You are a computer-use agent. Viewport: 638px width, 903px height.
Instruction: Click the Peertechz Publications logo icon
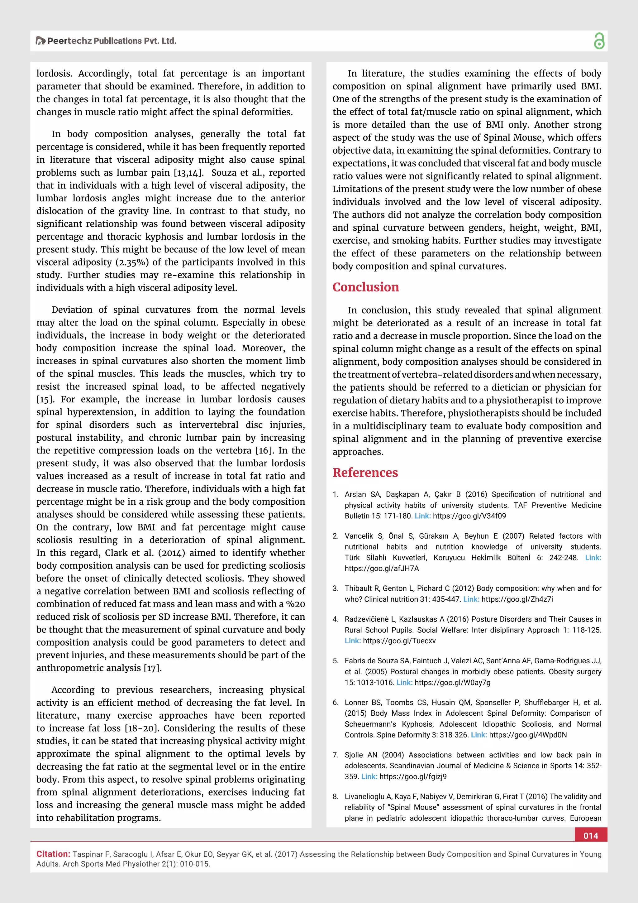point(40,41)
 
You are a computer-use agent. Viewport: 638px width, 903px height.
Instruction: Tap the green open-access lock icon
point(599,41)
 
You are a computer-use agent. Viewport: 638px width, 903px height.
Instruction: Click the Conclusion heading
point(366,287)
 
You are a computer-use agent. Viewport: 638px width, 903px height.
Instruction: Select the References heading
point(365,472)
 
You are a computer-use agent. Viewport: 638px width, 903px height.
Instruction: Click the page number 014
point(591,836)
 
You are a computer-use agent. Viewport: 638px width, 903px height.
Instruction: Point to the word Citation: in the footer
point(53,854)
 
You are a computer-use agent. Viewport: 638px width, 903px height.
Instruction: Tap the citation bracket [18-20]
point(142,728)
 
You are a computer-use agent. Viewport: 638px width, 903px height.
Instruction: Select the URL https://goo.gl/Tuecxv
point(399,641)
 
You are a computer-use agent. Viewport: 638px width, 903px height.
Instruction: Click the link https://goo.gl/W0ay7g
point(452,682)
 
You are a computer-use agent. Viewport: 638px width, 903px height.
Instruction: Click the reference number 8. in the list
point(336,796)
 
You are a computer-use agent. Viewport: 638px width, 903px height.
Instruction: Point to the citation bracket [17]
point(153,668)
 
